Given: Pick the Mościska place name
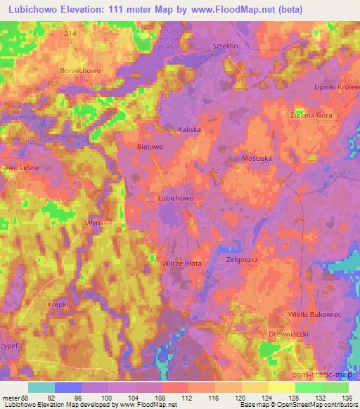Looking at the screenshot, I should [257, 159].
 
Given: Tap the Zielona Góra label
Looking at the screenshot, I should [311, 114].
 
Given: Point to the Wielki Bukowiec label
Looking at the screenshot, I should [314, 314].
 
